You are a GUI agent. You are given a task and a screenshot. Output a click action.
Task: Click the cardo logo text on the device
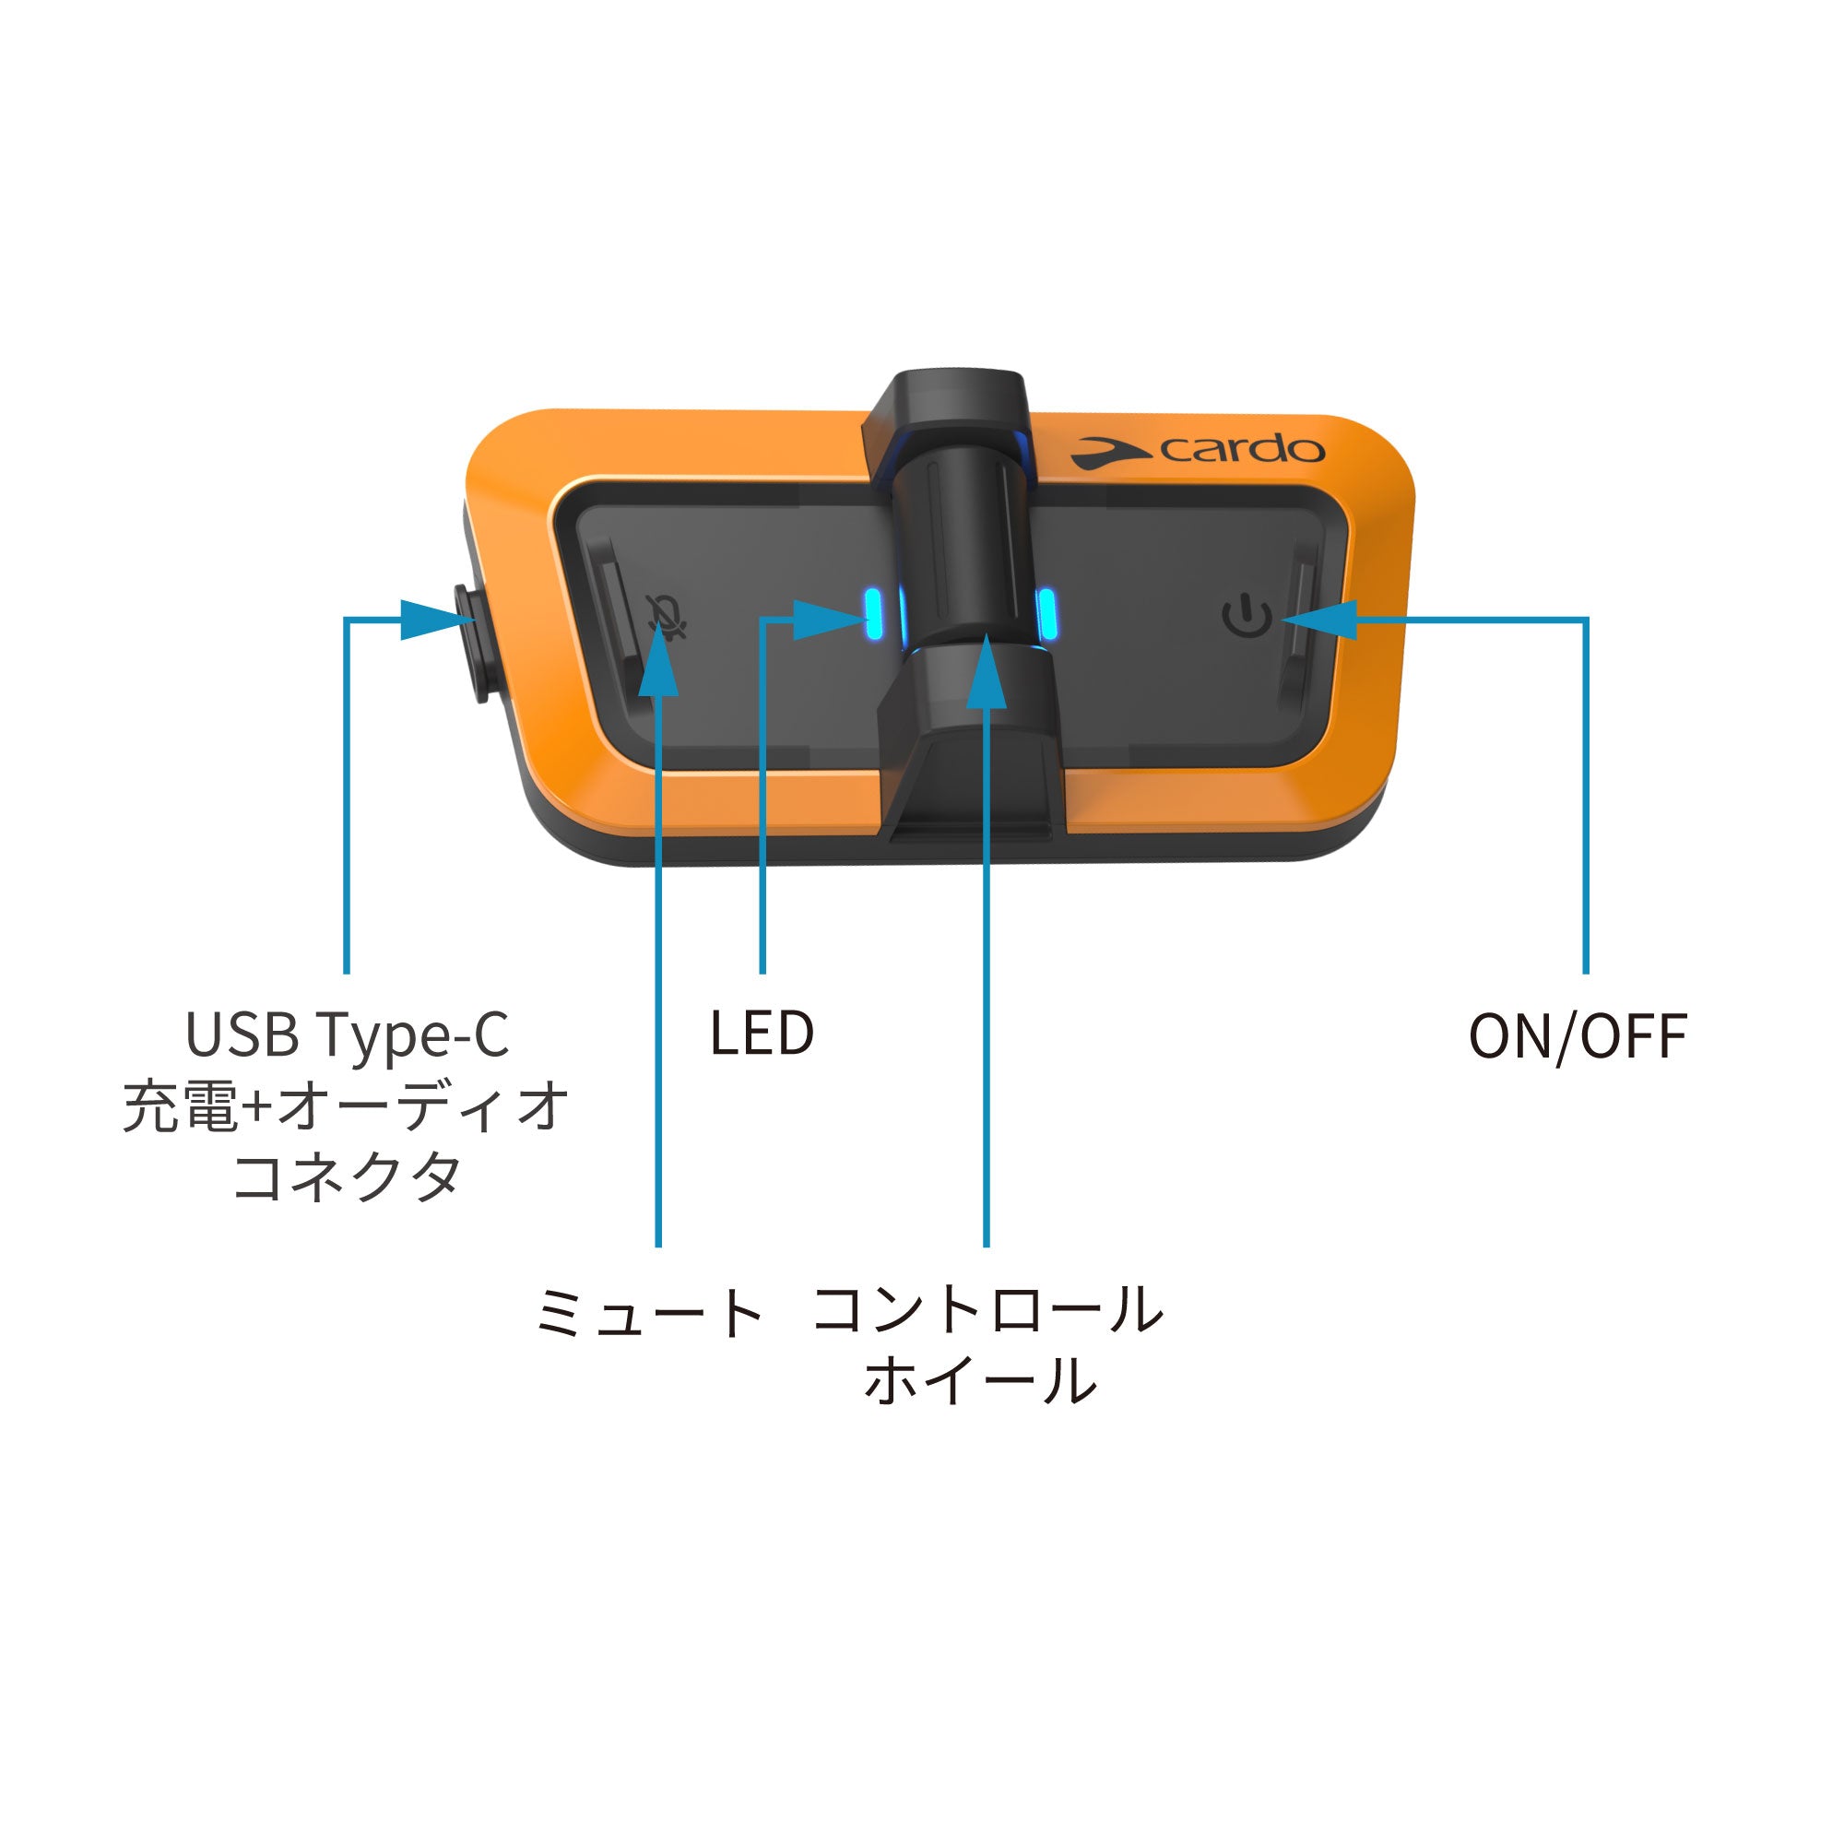1241,449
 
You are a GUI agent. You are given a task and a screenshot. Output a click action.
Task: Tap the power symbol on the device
1247,616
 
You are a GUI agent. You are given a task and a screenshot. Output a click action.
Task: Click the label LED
762,1033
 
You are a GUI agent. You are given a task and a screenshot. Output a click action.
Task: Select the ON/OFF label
1578,1035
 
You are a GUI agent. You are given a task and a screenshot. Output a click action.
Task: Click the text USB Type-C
347,1034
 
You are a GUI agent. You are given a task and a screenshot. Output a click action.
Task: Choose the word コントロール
987,1309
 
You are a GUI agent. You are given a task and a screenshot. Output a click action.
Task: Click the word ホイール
981,1381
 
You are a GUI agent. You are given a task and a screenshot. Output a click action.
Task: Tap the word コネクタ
347,1176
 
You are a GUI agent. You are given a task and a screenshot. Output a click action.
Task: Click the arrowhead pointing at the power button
1322,620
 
